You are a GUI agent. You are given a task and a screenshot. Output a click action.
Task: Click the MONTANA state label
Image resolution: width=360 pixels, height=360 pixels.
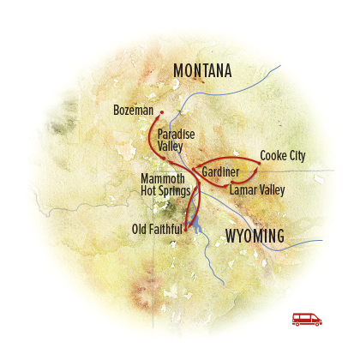click(x=208, y=70)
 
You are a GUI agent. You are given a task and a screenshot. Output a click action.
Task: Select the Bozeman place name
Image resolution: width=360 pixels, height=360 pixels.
click(x=133, y=111)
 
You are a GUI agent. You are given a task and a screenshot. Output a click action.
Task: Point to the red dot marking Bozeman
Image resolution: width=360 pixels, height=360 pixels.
click(x=160, y=111)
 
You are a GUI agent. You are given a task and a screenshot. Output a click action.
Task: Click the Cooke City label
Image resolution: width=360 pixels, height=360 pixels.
click(x=282, y=156)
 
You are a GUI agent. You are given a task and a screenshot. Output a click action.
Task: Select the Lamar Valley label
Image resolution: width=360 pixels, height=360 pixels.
click(x=256, y=190)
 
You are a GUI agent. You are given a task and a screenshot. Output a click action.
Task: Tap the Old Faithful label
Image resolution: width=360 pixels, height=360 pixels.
click(x=157, y=229)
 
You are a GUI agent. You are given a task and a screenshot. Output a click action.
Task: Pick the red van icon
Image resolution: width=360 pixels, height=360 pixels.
click(x=307, y=318)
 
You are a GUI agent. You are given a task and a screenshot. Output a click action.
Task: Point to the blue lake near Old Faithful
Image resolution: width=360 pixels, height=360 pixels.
click(x=197, y=226)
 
